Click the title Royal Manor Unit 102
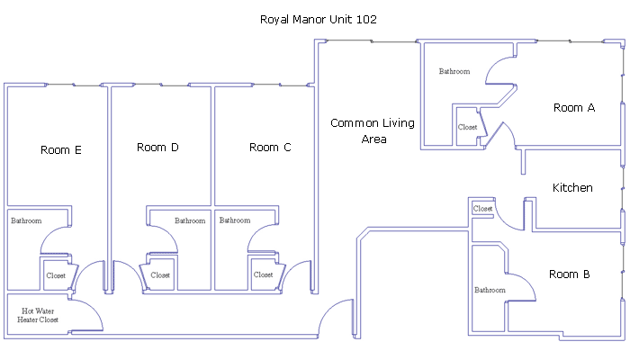coord(319,20)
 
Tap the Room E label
coord(61,150)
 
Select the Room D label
coord(157,148)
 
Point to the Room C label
coord(270,148)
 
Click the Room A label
coord(574,108)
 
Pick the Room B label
coord(570,274)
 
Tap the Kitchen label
coord(572,187)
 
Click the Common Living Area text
coord(373,131)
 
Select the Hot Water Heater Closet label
coord(38,315)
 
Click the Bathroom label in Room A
coord(454,71)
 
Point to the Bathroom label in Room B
coord(490,290)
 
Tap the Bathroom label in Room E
coord(26,220)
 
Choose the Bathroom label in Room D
coord(190,220)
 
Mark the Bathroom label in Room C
coord(235,220)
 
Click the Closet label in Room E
coord(56,275)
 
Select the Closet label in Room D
coord(160,275)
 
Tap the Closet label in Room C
coord(263,274)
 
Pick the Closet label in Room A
coord(468,128)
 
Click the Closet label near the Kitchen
coord(482,209)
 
